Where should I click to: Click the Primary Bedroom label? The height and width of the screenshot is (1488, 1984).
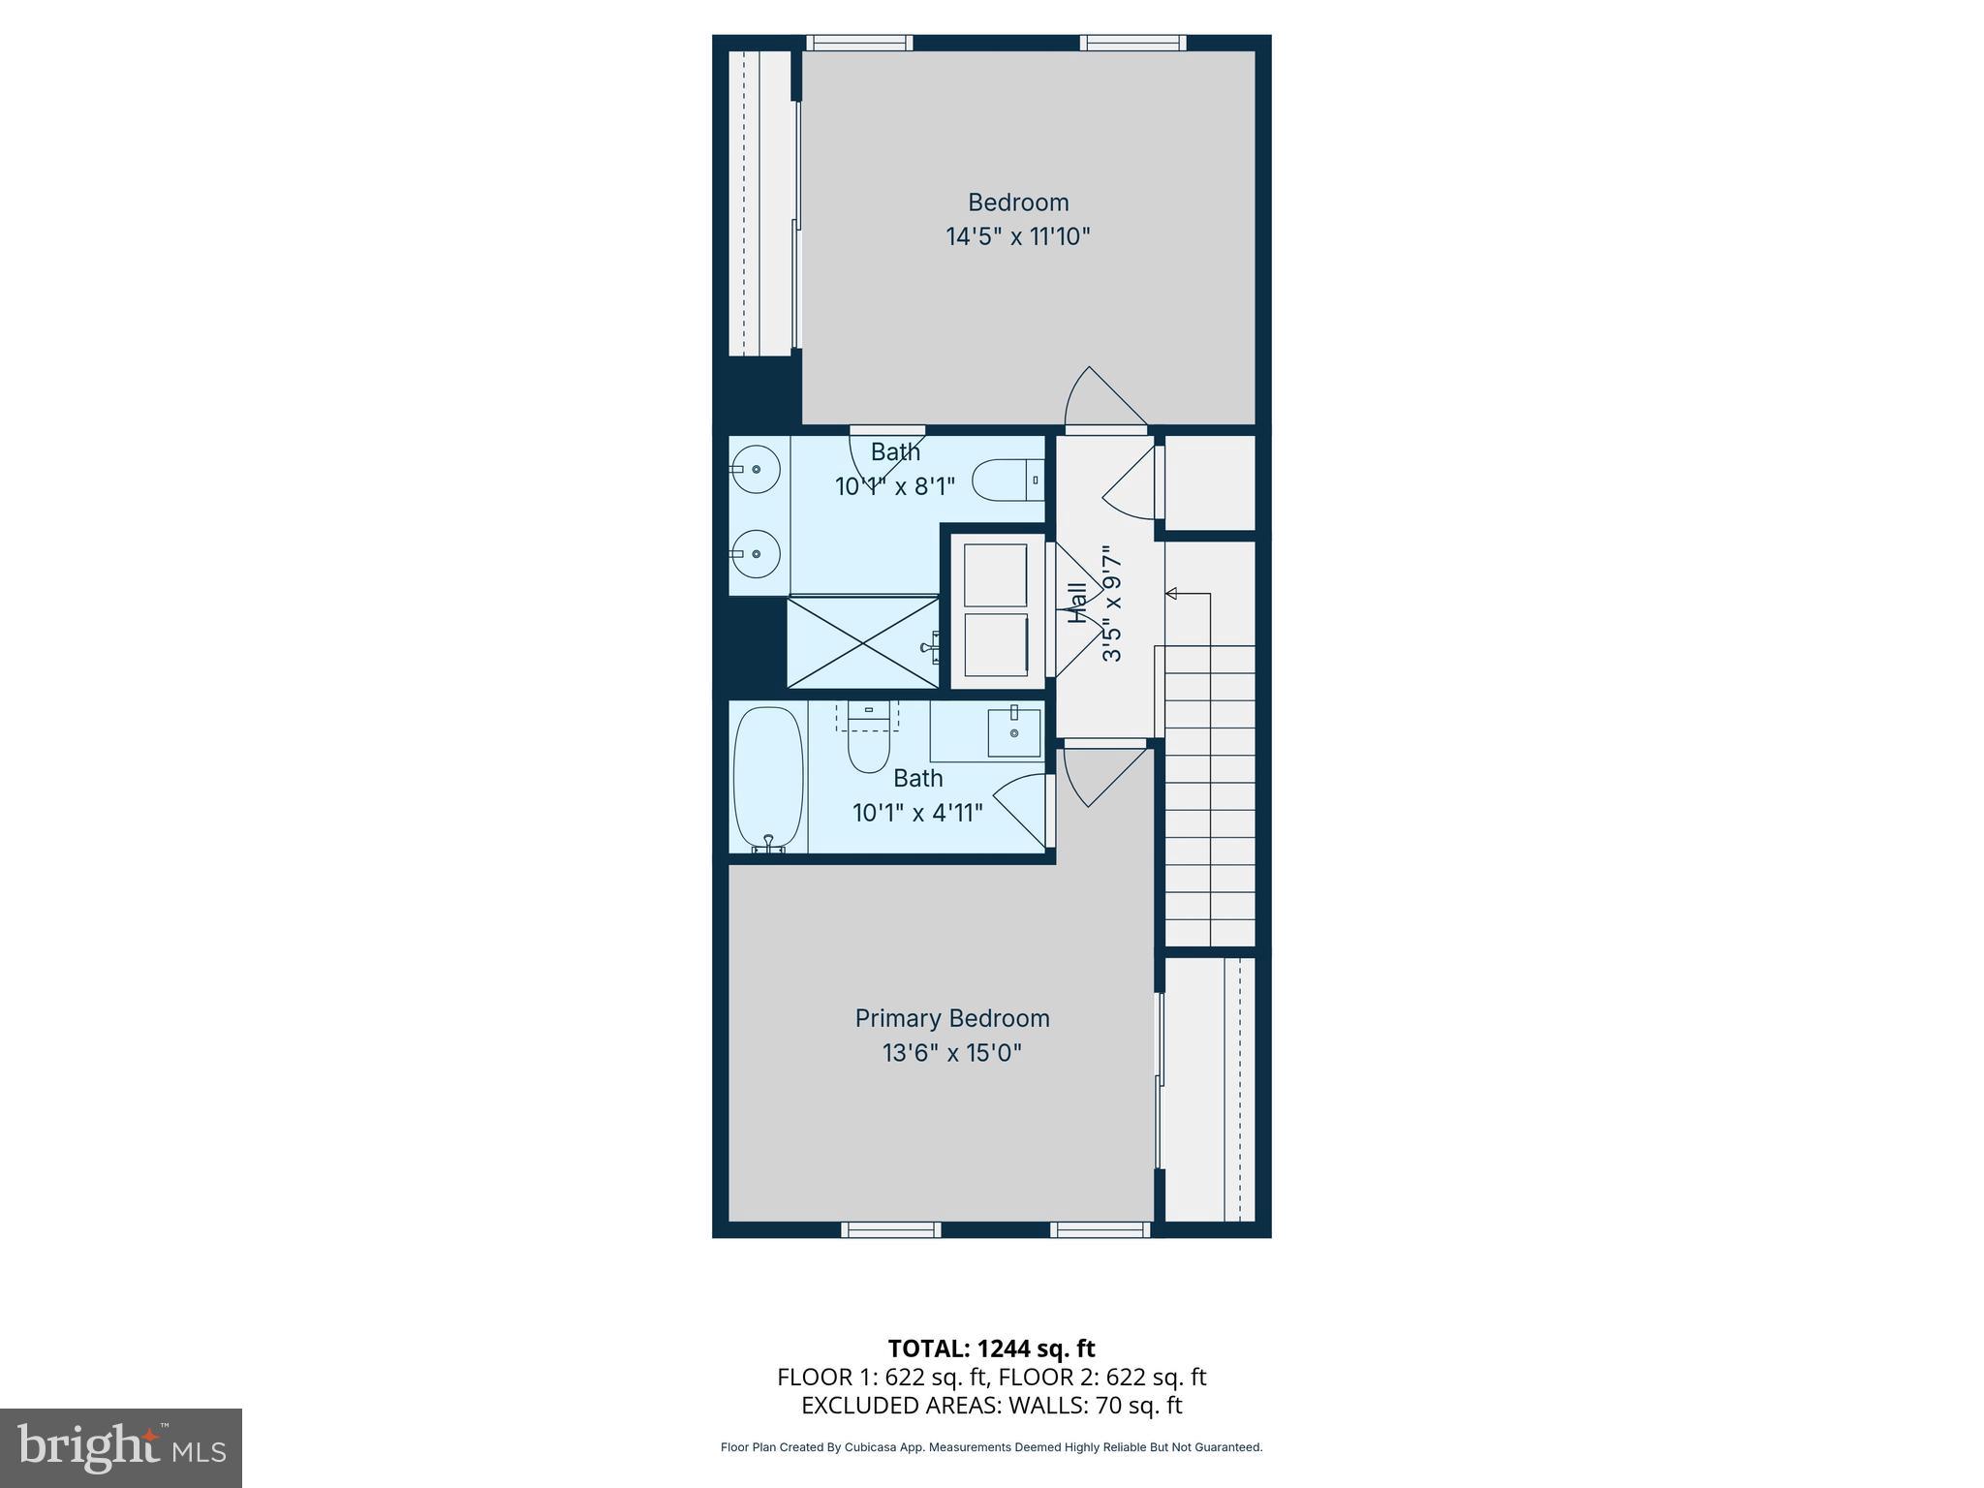951,1018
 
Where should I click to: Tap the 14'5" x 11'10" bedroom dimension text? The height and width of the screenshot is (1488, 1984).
1017,236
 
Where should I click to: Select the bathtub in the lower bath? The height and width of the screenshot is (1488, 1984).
768,779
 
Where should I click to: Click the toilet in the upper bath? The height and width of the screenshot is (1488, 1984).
1005,480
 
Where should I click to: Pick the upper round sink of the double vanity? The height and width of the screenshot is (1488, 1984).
757,469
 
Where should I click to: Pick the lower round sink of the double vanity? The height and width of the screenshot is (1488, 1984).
757,554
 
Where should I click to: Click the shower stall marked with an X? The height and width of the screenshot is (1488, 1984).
861,642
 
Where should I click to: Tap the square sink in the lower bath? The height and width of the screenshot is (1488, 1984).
1013,732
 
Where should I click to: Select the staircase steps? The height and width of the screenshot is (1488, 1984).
1209,794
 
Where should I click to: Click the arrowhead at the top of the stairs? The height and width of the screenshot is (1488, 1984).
1170,593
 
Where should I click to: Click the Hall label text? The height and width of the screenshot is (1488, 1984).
1076,603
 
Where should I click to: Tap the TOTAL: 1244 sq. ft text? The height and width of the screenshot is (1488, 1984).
991,1348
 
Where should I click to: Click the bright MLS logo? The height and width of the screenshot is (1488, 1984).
120,1447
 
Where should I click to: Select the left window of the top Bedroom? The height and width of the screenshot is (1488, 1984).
859,43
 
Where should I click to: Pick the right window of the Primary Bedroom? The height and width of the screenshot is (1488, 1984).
1100,1230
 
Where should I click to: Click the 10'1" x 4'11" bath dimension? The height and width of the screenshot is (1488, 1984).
917,813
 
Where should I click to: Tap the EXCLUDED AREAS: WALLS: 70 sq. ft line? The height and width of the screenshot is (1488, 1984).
991,1406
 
